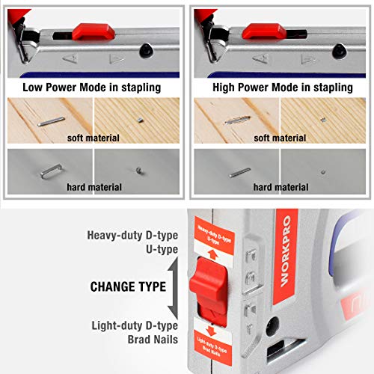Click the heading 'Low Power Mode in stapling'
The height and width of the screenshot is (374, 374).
pos(91,88)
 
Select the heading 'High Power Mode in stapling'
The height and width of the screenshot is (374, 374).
pos(283,88)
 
